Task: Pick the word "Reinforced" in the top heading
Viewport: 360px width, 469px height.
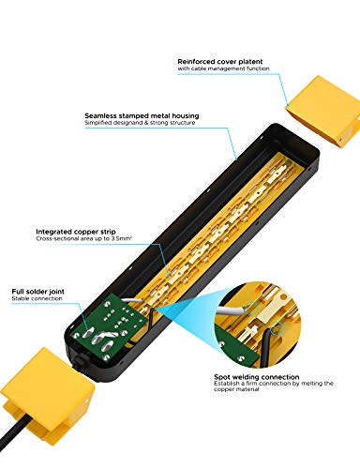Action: pyautogui.click(x=198, y=61)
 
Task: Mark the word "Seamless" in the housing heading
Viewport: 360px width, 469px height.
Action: pyautogui.click(x=101, y=115)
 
